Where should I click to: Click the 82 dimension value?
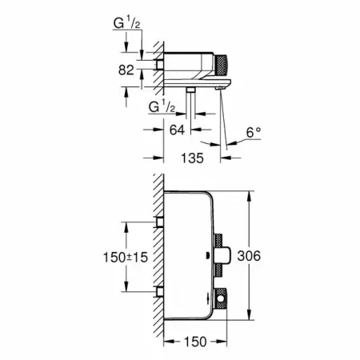tap(126, 70)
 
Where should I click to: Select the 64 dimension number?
tap(177, 130)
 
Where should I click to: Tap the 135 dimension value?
tap(192, 158)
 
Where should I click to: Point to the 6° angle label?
tap(254, 133)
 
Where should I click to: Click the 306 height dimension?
tap(249, 256)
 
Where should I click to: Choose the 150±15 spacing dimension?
tap(126, 258)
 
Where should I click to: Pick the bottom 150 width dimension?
tap(195, 342)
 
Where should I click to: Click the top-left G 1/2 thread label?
tap(126, 23)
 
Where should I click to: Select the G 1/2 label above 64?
tap(162, 107)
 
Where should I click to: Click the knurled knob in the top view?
tap(221, 65)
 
